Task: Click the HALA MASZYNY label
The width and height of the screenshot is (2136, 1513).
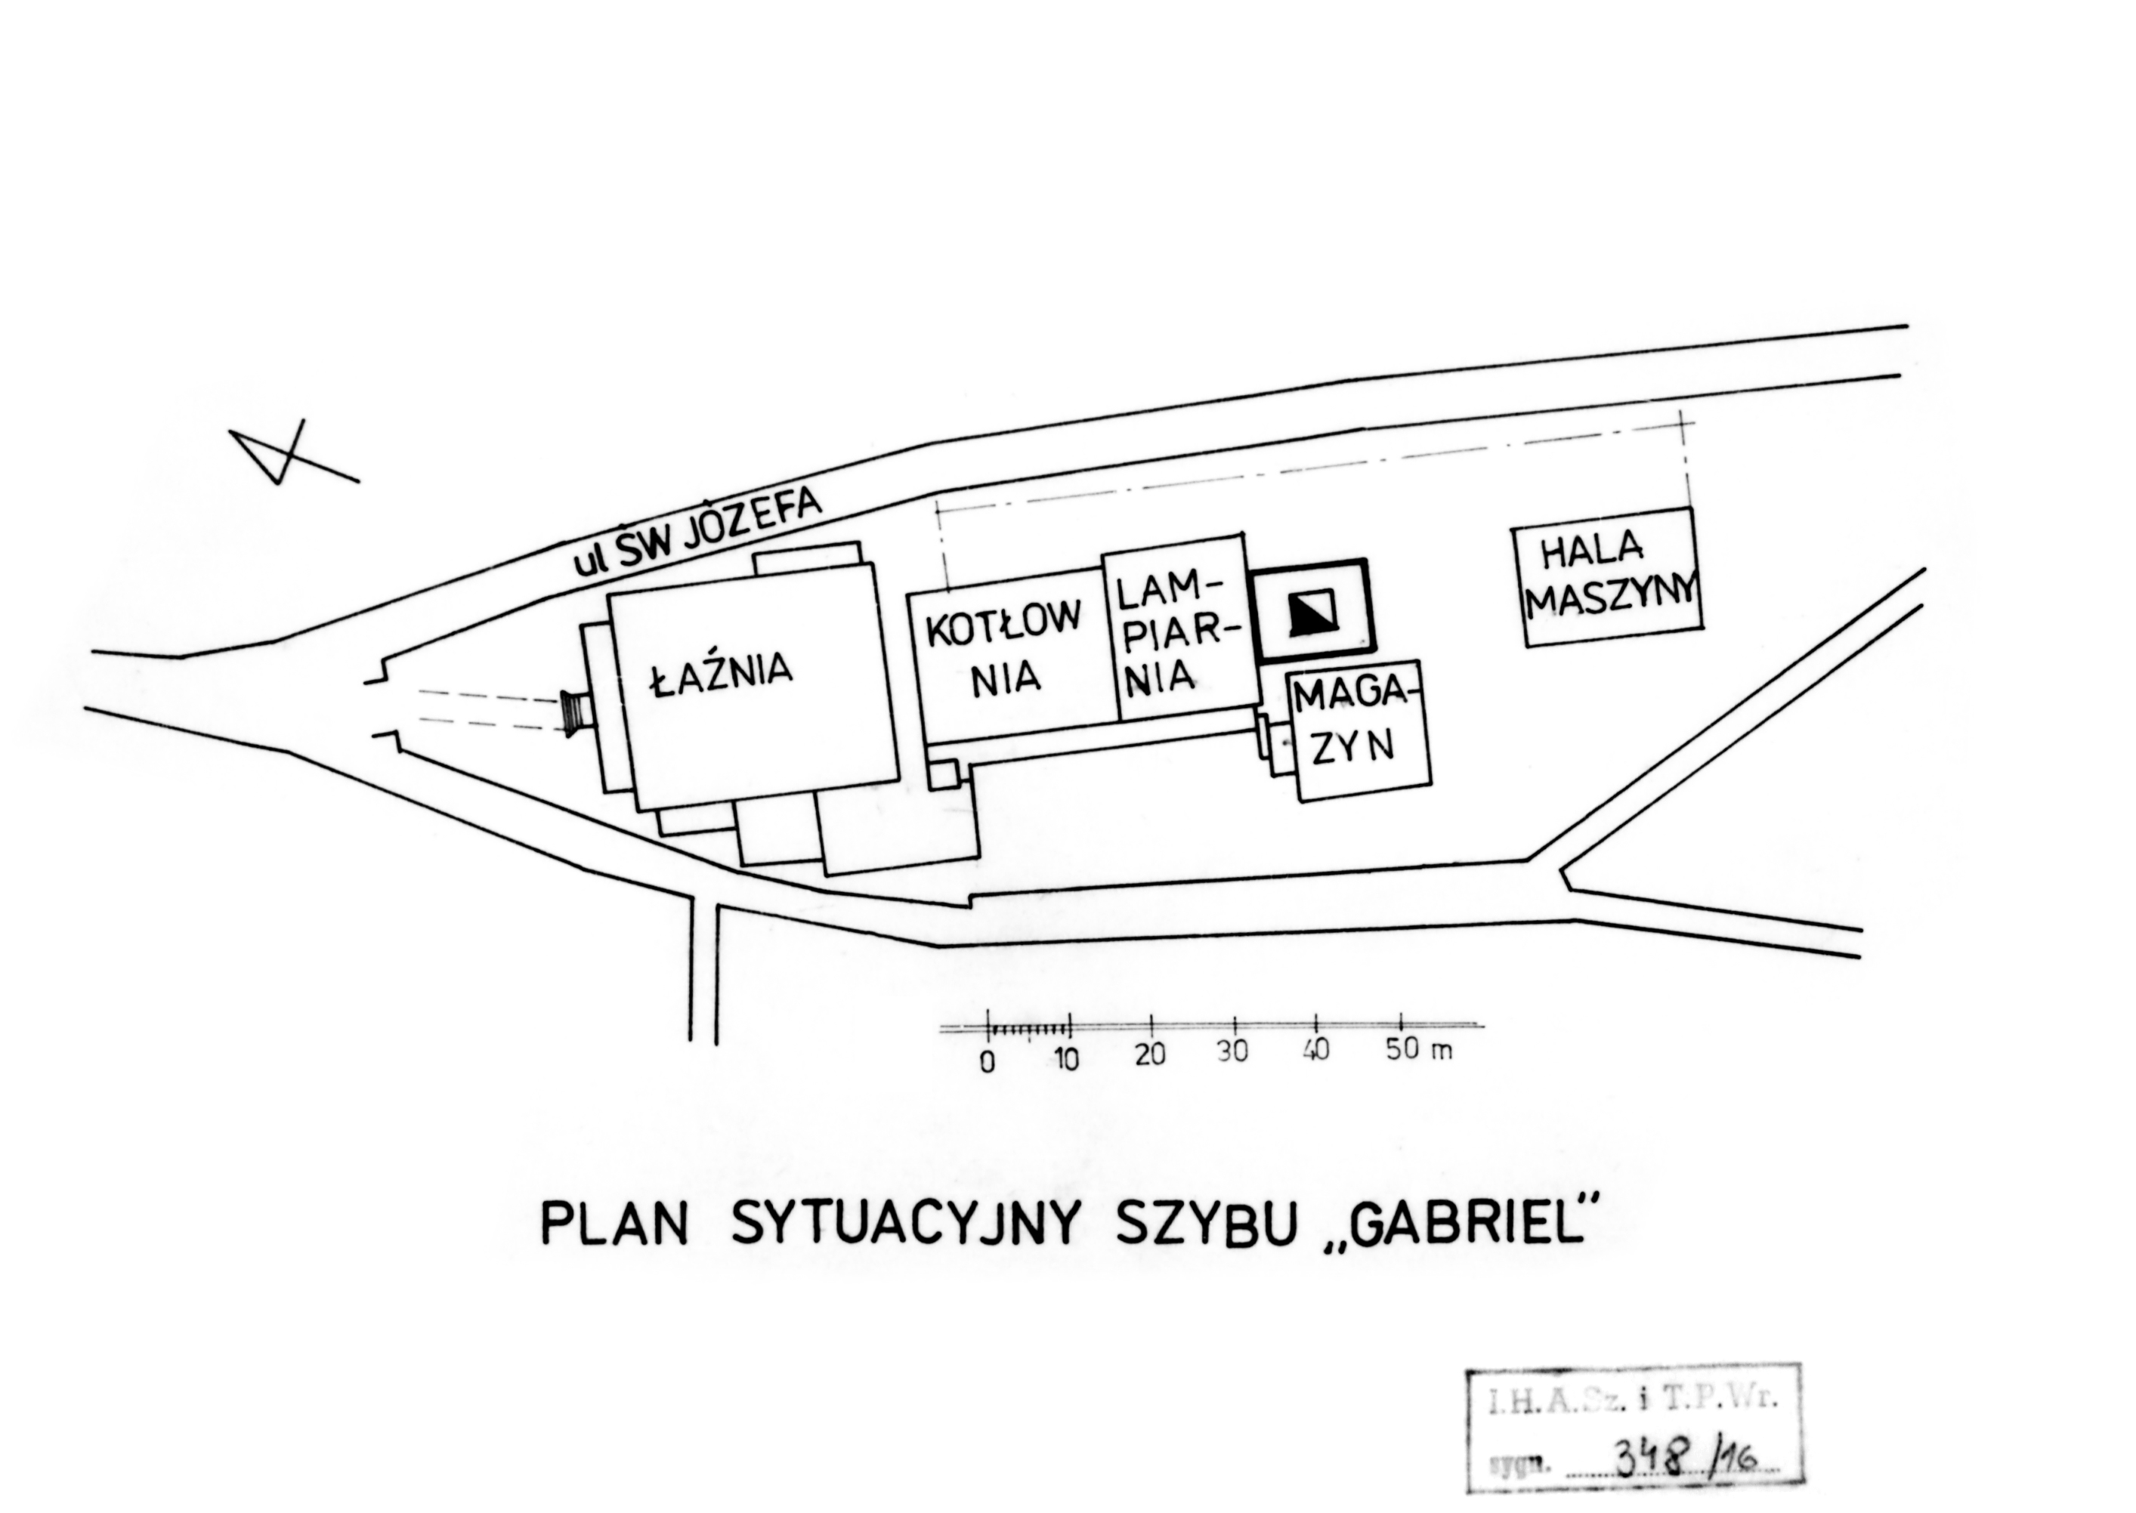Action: coord(1609,578)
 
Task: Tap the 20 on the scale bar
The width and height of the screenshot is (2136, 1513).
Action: coord(1151,1055)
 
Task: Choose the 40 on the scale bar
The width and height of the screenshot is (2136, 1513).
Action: coord(1316,1050)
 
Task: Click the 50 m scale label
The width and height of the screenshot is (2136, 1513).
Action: coord(1418,1049)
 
